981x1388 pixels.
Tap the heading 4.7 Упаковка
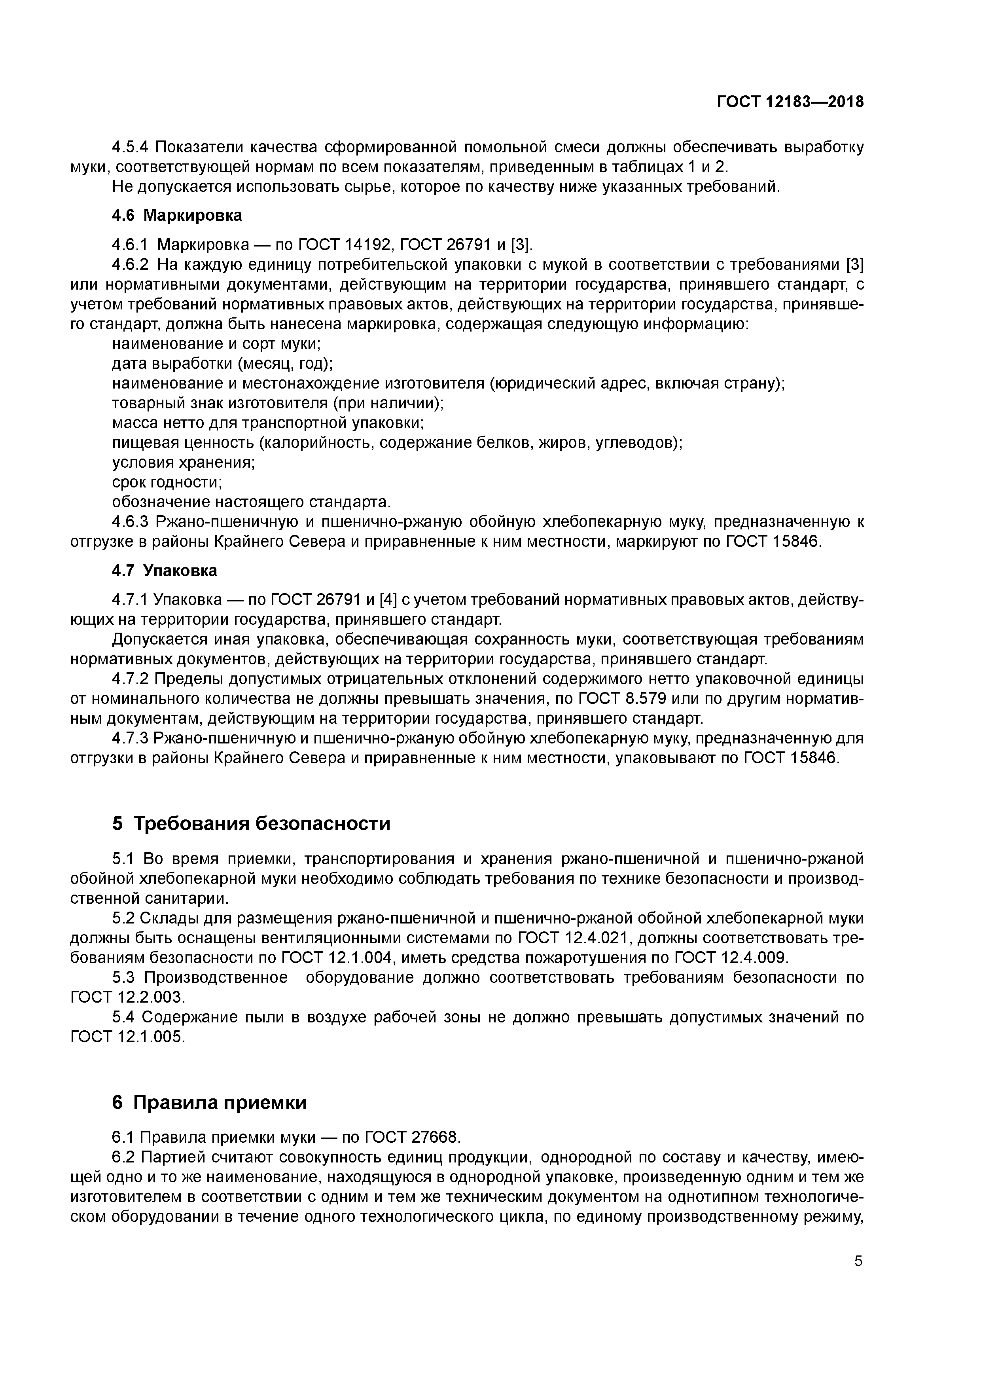click(x=165, y=570)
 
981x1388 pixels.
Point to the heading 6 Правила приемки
click(x=209, y=1102)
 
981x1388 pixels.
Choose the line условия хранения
click(x=183, y=463)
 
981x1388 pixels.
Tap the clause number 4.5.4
click(x=131, y=147)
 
